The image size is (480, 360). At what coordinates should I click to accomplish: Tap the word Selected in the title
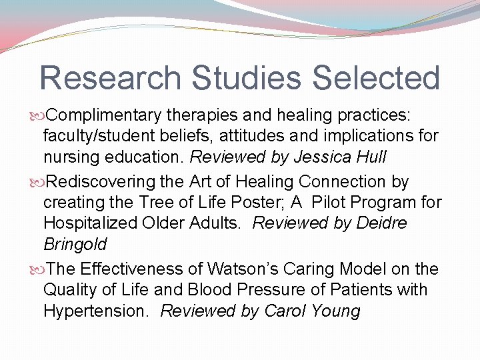[x=375, y=78]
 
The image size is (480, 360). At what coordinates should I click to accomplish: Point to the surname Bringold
[x=75, y=245]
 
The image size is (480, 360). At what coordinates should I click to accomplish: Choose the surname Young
[x=339, y=311]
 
